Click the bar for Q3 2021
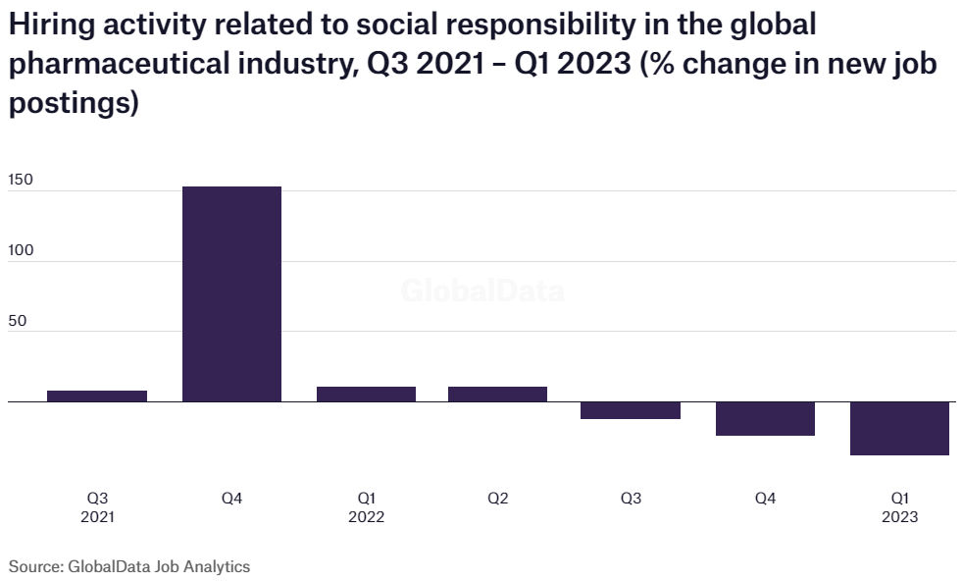(x=97, y=396)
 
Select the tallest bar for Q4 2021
(x=231, y=293)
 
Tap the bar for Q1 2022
(x=366, y=394)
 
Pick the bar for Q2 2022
(x=497, y=394)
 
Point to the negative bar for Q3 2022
(x=631, y=410)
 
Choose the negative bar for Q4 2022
(x=765, y=418)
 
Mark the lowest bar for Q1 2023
(x=899, y=428)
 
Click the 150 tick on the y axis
(x=21, y=181)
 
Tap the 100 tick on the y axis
(x=21, y=250)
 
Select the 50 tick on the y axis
(x=17, y=320)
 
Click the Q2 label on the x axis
(x=497, y=499)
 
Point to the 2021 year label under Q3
(x=97, y=517)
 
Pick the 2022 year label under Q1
(x=366, y=517)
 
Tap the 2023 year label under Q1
(x=899, y=517)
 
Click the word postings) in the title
(x=73, y=102)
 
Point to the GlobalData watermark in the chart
(x=482, y=291)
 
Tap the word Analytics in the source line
(x=221, y=566)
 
